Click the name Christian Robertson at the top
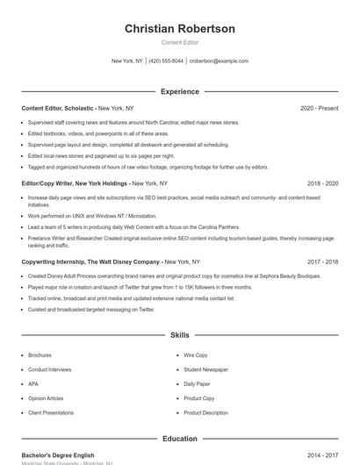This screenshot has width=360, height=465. point(180,29)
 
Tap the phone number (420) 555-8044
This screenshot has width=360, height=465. point(166,61)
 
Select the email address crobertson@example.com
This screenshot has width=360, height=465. point(219,61)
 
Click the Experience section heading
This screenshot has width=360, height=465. point(180,91)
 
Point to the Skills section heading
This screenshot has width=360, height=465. point(180,335)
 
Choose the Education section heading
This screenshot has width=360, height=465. point(180,439)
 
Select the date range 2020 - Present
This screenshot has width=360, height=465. point(319,108)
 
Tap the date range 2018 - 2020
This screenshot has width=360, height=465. point(322,183)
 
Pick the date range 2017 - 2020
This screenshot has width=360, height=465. point(322,261)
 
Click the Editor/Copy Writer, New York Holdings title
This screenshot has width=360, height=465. point(76,183)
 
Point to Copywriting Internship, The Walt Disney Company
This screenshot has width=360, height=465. point(90,261)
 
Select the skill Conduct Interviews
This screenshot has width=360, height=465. point(49,369)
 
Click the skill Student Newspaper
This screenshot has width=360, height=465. point(205,369)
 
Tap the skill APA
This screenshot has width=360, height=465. point(33,383)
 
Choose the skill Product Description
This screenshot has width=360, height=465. point(205,412)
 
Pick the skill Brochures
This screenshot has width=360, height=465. point(40,355)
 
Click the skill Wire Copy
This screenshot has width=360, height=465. point(196,355)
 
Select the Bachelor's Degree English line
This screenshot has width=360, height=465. point(58,455)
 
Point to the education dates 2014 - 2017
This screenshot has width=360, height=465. point(322,455)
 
